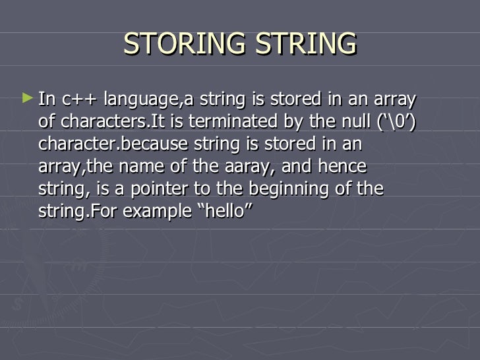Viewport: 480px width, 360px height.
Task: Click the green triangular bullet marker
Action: click(x=26, y=99)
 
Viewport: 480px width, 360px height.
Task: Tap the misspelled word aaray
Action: click(x=254, y=166)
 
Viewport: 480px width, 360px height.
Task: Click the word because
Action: click(x=142, y=144)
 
